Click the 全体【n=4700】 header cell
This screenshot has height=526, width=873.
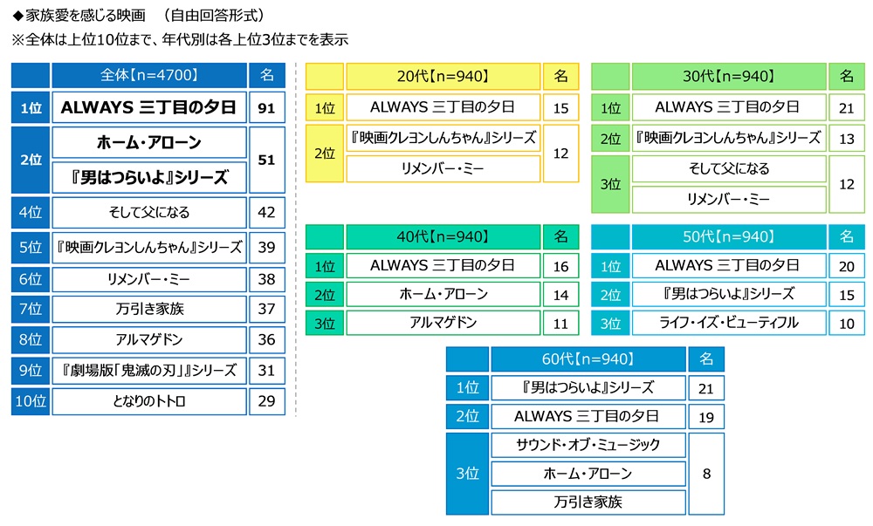148,76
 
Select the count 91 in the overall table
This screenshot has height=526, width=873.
266,108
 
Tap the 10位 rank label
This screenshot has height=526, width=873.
31,401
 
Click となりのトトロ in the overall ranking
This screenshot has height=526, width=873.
148,401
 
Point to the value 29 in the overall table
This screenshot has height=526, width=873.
266,401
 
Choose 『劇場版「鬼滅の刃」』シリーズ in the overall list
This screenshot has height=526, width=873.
148,370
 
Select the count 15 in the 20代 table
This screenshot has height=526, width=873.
560,107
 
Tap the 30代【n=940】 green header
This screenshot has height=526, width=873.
727,77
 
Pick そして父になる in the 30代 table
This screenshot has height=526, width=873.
728,169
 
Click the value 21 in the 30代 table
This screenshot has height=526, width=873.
846,107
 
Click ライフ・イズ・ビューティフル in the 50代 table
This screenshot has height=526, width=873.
728,323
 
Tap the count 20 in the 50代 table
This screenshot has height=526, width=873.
846,265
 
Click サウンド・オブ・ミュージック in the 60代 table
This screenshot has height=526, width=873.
588,445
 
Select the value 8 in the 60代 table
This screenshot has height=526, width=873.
706,474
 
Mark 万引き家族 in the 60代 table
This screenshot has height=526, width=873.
588,502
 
